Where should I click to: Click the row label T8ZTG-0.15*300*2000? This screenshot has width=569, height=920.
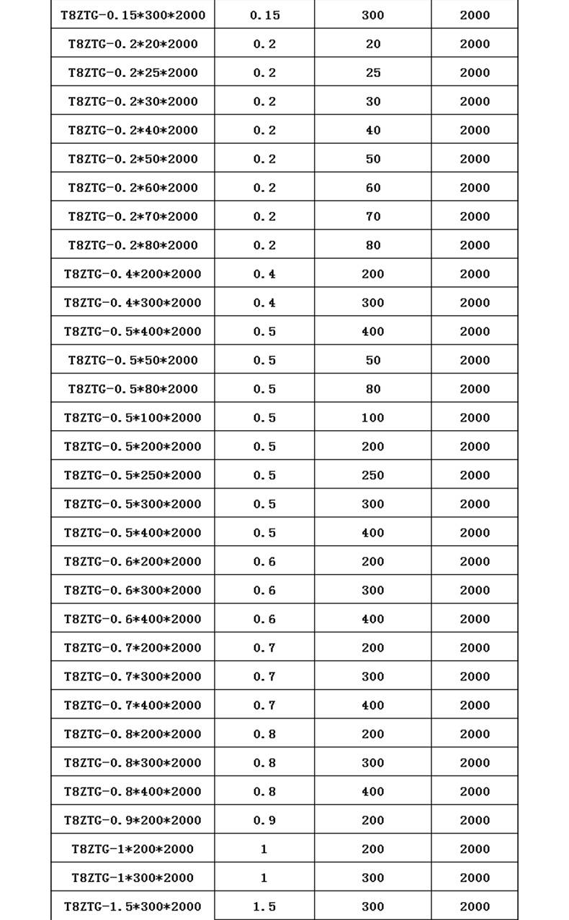pos(133,15)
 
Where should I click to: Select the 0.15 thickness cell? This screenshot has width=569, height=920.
pos(264,15)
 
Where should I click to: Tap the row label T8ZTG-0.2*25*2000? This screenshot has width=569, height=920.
pos(133,73)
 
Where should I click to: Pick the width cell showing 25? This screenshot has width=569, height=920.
pos(372,73)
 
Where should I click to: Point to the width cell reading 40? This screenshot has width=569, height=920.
pos(372,130)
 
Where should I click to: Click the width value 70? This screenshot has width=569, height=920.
pos(372,217)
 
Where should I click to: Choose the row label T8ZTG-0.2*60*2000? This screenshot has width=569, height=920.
pos(133,188)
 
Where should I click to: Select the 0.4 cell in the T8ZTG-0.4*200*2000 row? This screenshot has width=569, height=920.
pos(264,274)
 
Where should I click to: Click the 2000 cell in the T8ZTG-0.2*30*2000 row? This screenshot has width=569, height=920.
pos(475,101)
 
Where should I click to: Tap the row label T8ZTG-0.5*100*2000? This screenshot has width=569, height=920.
pos(133,418)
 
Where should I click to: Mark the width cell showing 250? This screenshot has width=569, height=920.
pos(372,475)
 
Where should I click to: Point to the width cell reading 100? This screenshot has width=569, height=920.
pos(372,418)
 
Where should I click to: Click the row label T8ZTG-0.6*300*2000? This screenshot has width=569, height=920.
pos(133,591)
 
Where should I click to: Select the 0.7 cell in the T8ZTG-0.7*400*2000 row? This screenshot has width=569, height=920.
pos(264,706)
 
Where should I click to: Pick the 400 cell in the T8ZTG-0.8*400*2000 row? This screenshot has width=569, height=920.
pos(372,792)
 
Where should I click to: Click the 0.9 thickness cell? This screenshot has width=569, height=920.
pos(264,821)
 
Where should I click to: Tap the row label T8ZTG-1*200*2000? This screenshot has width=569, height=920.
pos(133,850)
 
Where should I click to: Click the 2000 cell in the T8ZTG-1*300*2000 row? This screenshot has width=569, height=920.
pos(475,878)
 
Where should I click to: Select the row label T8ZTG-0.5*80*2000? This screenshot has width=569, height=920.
pos(133,389)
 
